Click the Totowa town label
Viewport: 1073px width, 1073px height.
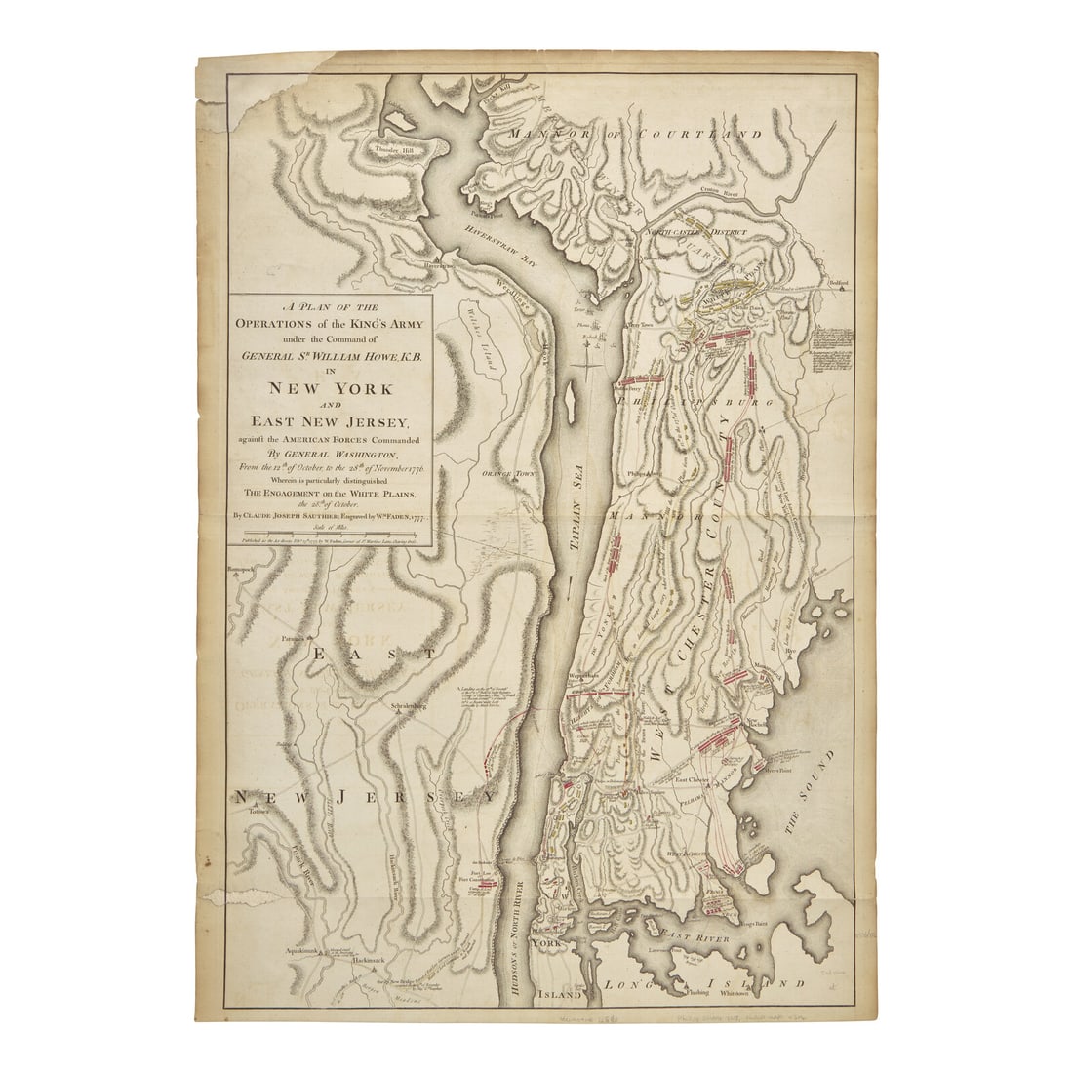[258, 810]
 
